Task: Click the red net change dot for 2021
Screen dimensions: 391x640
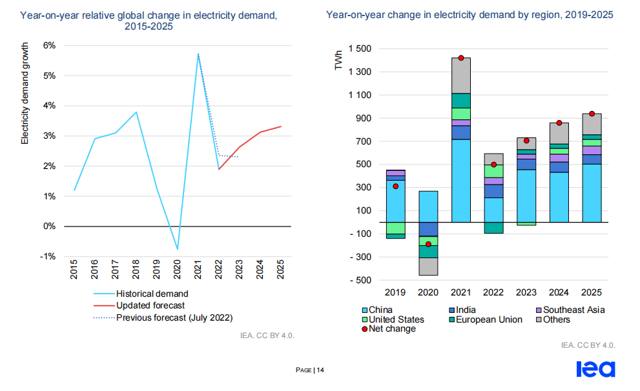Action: click(461, 58)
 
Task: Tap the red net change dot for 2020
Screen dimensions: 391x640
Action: click(428, 245)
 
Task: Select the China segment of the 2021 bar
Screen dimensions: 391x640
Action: click(461, 181)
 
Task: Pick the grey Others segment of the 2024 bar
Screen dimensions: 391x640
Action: click(559, 133)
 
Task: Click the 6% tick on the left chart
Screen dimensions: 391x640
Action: click(48, 45)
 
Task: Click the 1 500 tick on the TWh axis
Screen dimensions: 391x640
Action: click(360, 49)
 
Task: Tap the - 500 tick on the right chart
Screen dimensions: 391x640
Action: click(360, 280)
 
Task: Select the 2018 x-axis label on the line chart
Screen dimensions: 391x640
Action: click(136, 270)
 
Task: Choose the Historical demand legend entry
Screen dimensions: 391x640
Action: click(152, 294)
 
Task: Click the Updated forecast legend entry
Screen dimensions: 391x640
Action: click(150, 305)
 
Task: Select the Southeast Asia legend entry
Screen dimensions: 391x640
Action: click(572, 310)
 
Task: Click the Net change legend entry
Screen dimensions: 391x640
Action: click(392, 329)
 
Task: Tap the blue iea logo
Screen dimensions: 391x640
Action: click(595, 369)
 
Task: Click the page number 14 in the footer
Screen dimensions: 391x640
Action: click(320, 370)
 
